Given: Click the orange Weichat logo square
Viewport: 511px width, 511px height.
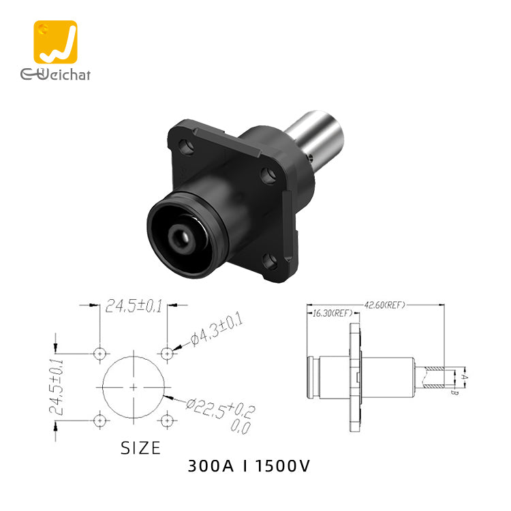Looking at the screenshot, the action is pyautogui.click(x=55, y=42).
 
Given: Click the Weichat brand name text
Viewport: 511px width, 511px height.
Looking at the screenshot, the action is pyautogui.click(x=55, y=74).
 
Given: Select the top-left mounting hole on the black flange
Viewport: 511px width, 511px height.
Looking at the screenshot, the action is pyautogui.click(x=186, y=146).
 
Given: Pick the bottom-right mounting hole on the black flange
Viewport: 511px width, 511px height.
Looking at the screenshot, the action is pyautogui.click(x=270, y=262).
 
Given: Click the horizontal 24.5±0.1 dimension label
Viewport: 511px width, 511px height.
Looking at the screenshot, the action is pyautogui.click(x=134, y=307).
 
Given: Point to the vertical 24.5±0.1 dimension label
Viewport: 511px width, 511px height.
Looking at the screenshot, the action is pyautogui.click(x=56, y=386).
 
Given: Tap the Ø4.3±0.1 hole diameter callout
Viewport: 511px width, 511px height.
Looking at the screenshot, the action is pyautogui.click(x=217, y=329).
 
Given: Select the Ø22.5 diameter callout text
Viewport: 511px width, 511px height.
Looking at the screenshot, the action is pyautogui.click(x=220, y=416).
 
